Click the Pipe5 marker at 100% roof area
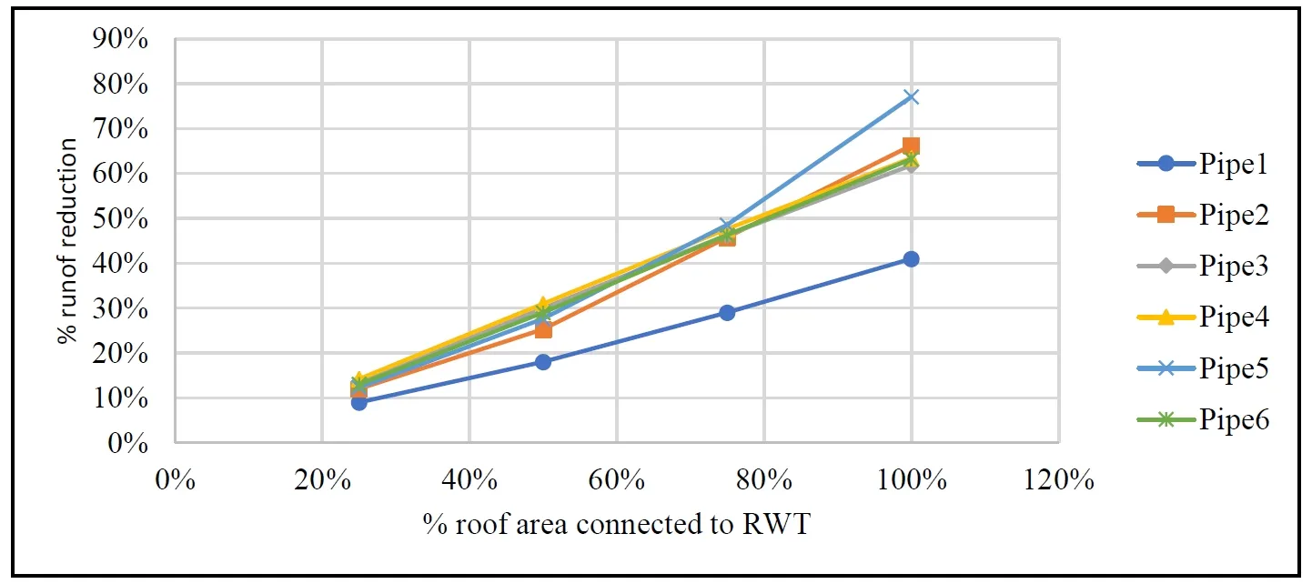coord(911,96)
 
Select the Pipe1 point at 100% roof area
coord(911,259)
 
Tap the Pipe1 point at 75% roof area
coord(727,313)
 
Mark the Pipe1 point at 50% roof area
coord(543,362)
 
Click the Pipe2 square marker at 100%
coord(911,146)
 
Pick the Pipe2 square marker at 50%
coord(543,329)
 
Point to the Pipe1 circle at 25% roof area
coord(359,402)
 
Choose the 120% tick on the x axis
coord(1058,479)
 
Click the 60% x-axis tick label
coord(617,479)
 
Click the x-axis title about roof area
coord(615,525)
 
